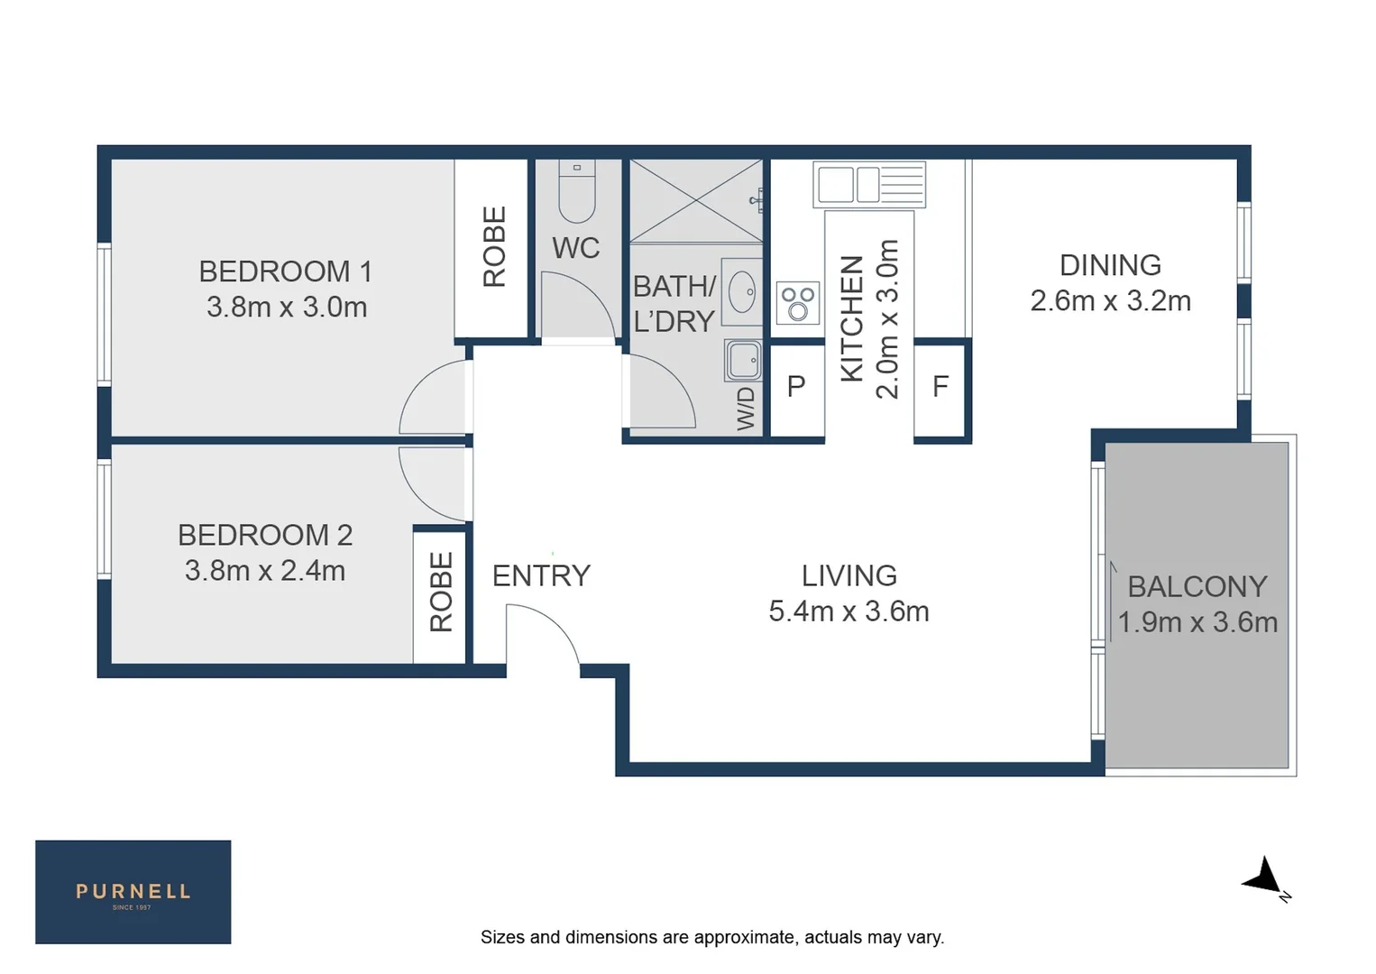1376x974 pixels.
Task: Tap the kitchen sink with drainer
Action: click(869, 184)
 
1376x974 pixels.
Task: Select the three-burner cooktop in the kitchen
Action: click(798, 303)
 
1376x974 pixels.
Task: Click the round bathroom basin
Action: click(742, 292)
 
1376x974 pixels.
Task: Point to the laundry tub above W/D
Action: click(744, 361)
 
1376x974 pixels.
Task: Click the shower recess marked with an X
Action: click(695, 201)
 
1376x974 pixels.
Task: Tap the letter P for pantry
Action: click(795, 387)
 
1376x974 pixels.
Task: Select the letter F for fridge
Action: click(940, 387)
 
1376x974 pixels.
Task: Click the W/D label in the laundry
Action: click(746, 409)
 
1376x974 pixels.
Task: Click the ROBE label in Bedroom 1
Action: click(493, 246)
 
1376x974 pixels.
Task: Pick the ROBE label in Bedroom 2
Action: click(440, 592)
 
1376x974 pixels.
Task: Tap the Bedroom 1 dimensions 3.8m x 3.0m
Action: click(287, 308)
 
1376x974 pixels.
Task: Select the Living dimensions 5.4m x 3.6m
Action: click(849, 611)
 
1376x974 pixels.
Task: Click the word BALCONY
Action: click(1197, 586)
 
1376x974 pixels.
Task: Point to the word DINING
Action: click(1110, 265)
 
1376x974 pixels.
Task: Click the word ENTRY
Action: click(541, 575)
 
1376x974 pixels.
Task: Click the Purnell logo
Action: click(133, 892)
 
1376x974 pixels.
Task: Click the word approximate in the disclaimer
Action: click(728, 937)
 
